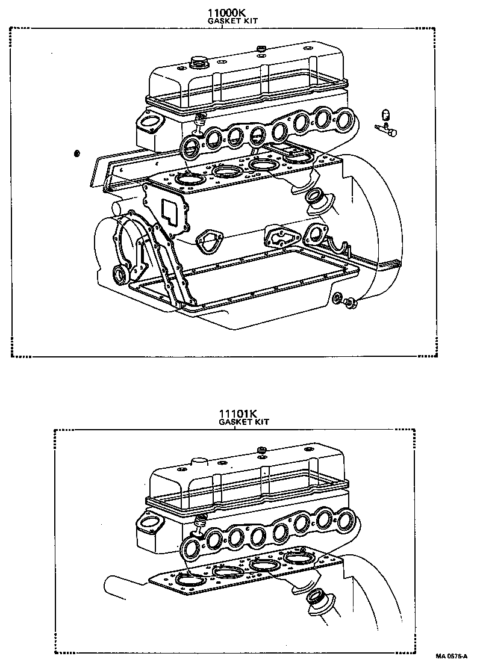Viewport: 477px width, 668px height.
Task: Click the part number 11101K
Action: (x=238, y=413)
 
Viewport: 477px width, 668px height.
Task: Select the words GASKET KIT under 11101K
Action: (x=243, y=422)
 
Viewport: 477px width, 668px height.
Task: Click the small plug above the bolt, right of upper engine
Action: (x=387, y=114)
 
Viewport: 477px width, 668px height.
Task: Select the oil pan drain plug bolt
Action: (x=349, y=304)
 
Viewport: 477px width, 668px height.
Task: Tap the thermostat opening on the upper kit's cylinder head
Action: (x=146, y=123)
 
